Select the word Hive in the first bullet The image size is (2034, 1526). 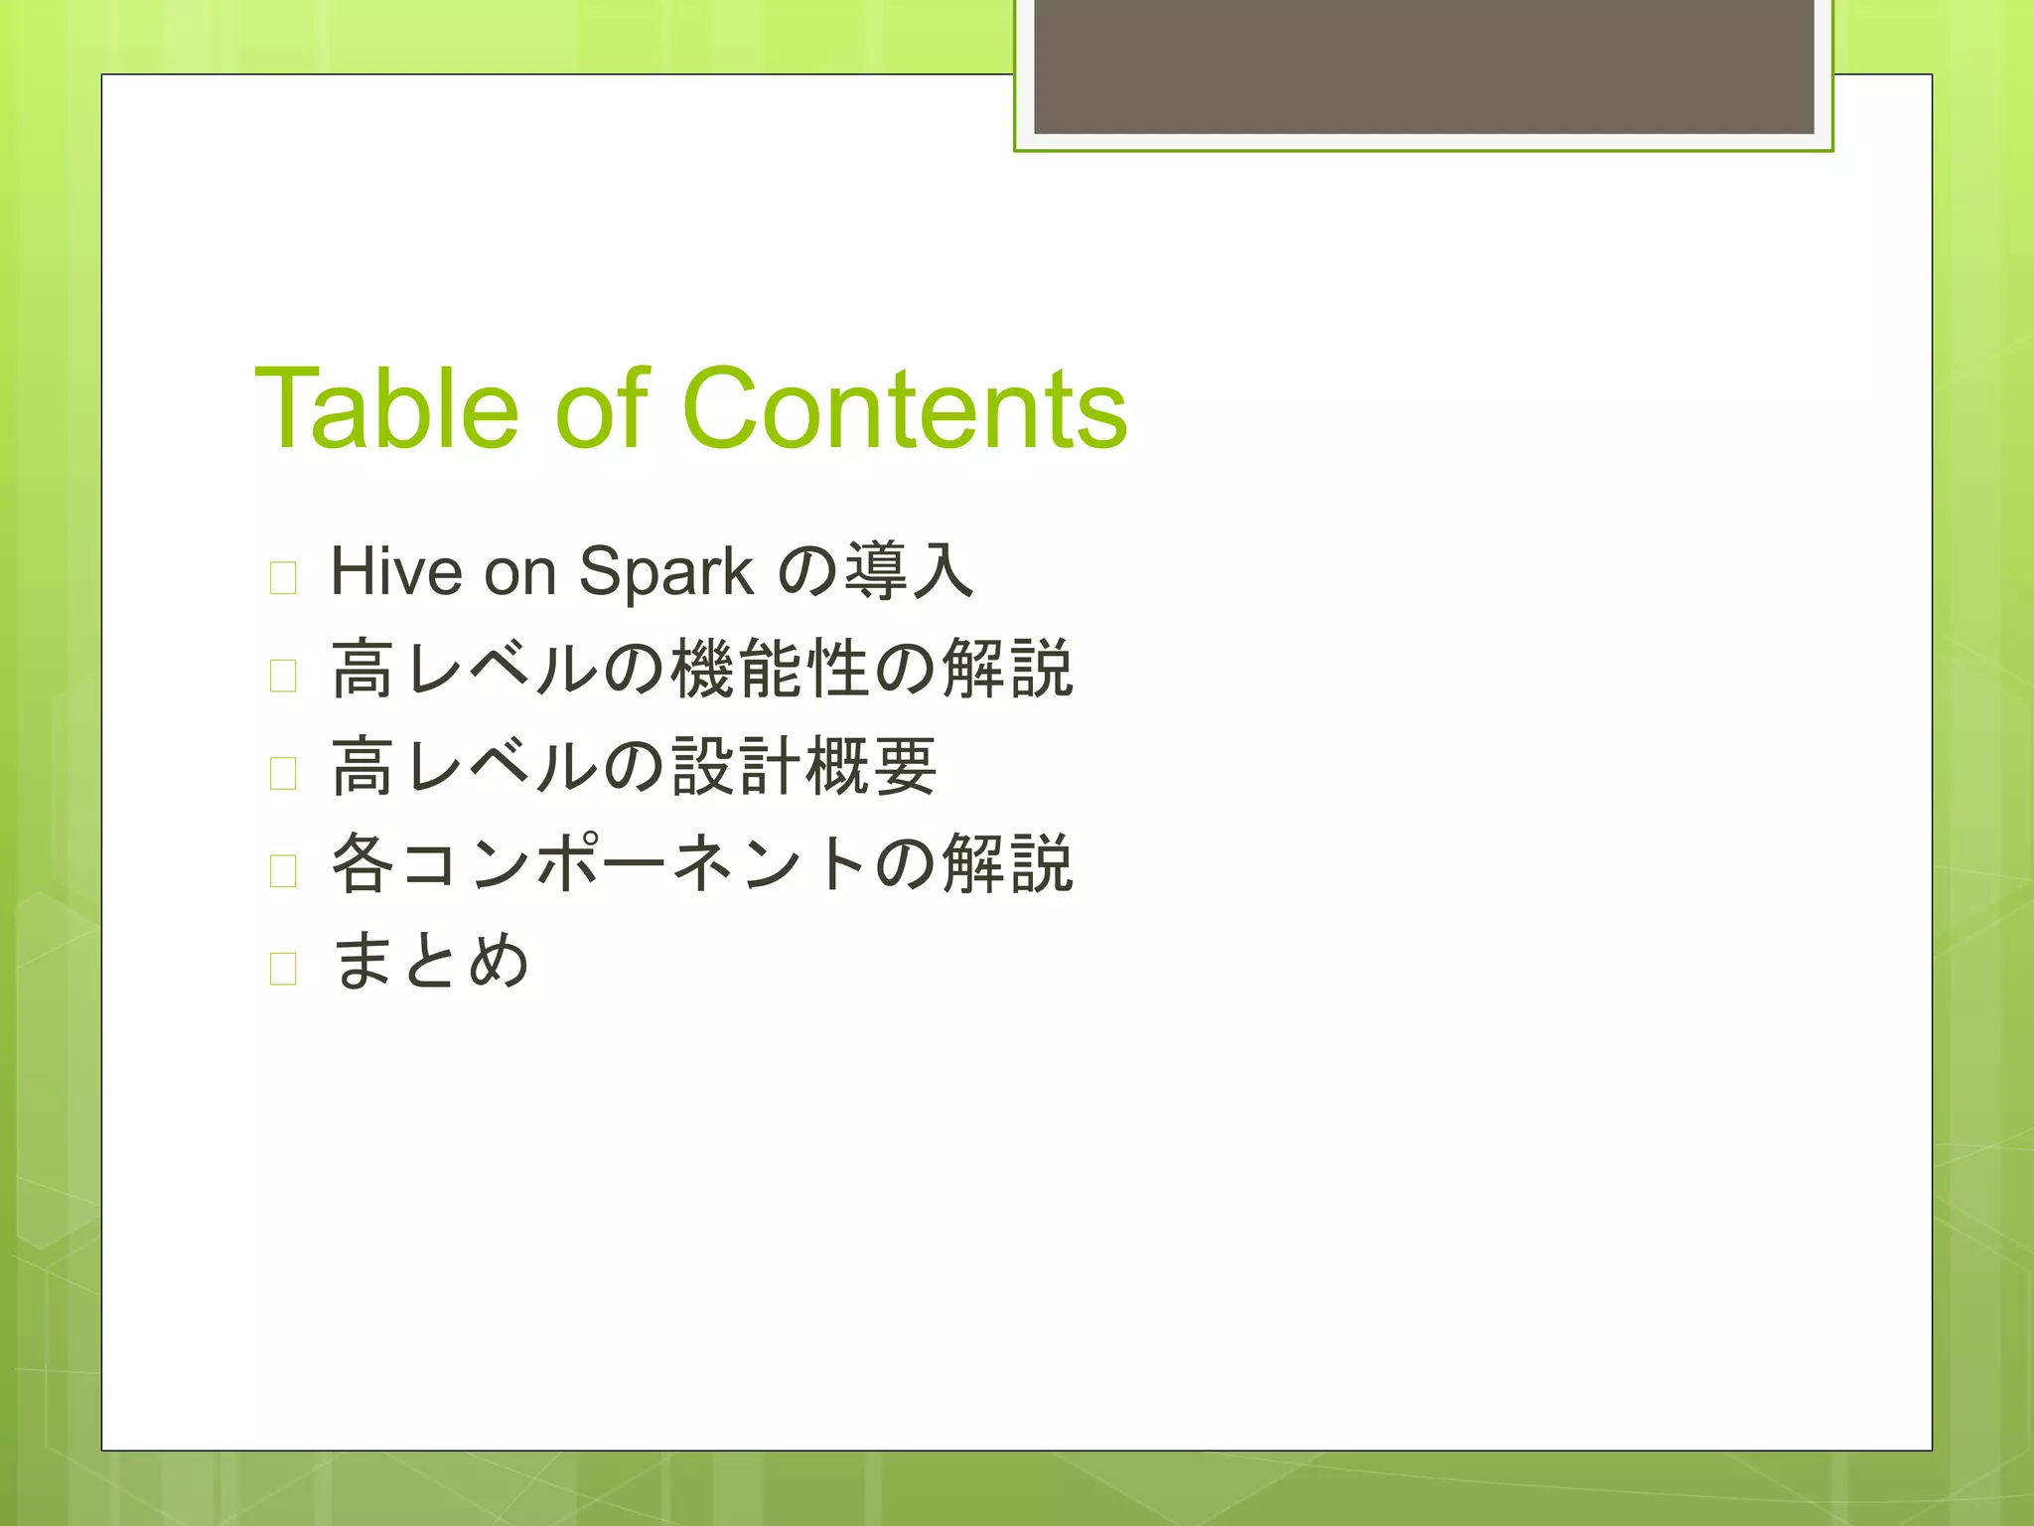point(396,572)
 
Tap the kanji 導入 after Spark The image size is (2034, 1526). point(908,572)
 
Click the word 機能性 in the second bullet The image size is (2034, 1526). point(772,669)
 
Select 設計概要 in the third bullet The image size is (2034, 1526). point(804,766)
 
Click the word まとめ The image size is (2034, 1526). point(430,961)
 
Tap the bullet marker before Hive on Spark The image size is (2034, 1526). point(283,577)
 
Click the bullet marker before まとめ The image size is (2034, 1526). point(283,967)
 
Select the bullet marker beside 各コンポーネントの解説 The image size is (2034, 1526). point(283,869)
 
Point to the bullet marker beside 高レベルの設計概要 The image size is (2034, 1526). point(283,772)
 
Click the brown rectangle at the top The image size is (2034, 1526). point(1423,67)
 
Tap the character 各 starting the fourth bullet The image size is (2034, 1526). point(363,863)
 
